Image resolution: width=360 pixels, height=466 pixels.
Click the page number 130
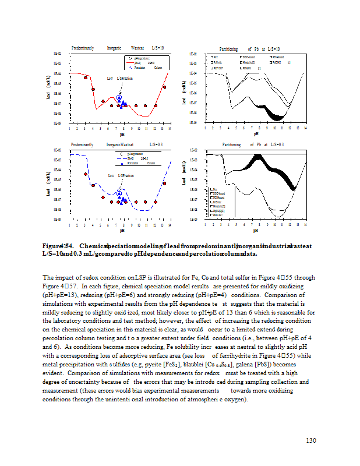coord(310,440)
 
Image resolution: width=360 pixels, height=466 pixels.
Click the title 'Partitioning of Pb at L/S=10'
coord(249,48)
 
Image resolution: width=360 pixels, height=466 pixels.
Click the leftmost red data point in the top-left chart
coord(86,77)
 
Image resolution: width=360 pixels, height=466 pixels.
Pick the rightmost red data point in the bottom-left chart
coord(164,183)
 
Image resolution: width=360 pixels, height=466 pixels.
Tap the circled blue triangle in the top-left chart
coord(119,98)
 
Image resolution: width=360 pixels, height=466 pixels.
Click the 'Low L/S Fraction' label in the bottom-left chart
coord(121,175)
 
